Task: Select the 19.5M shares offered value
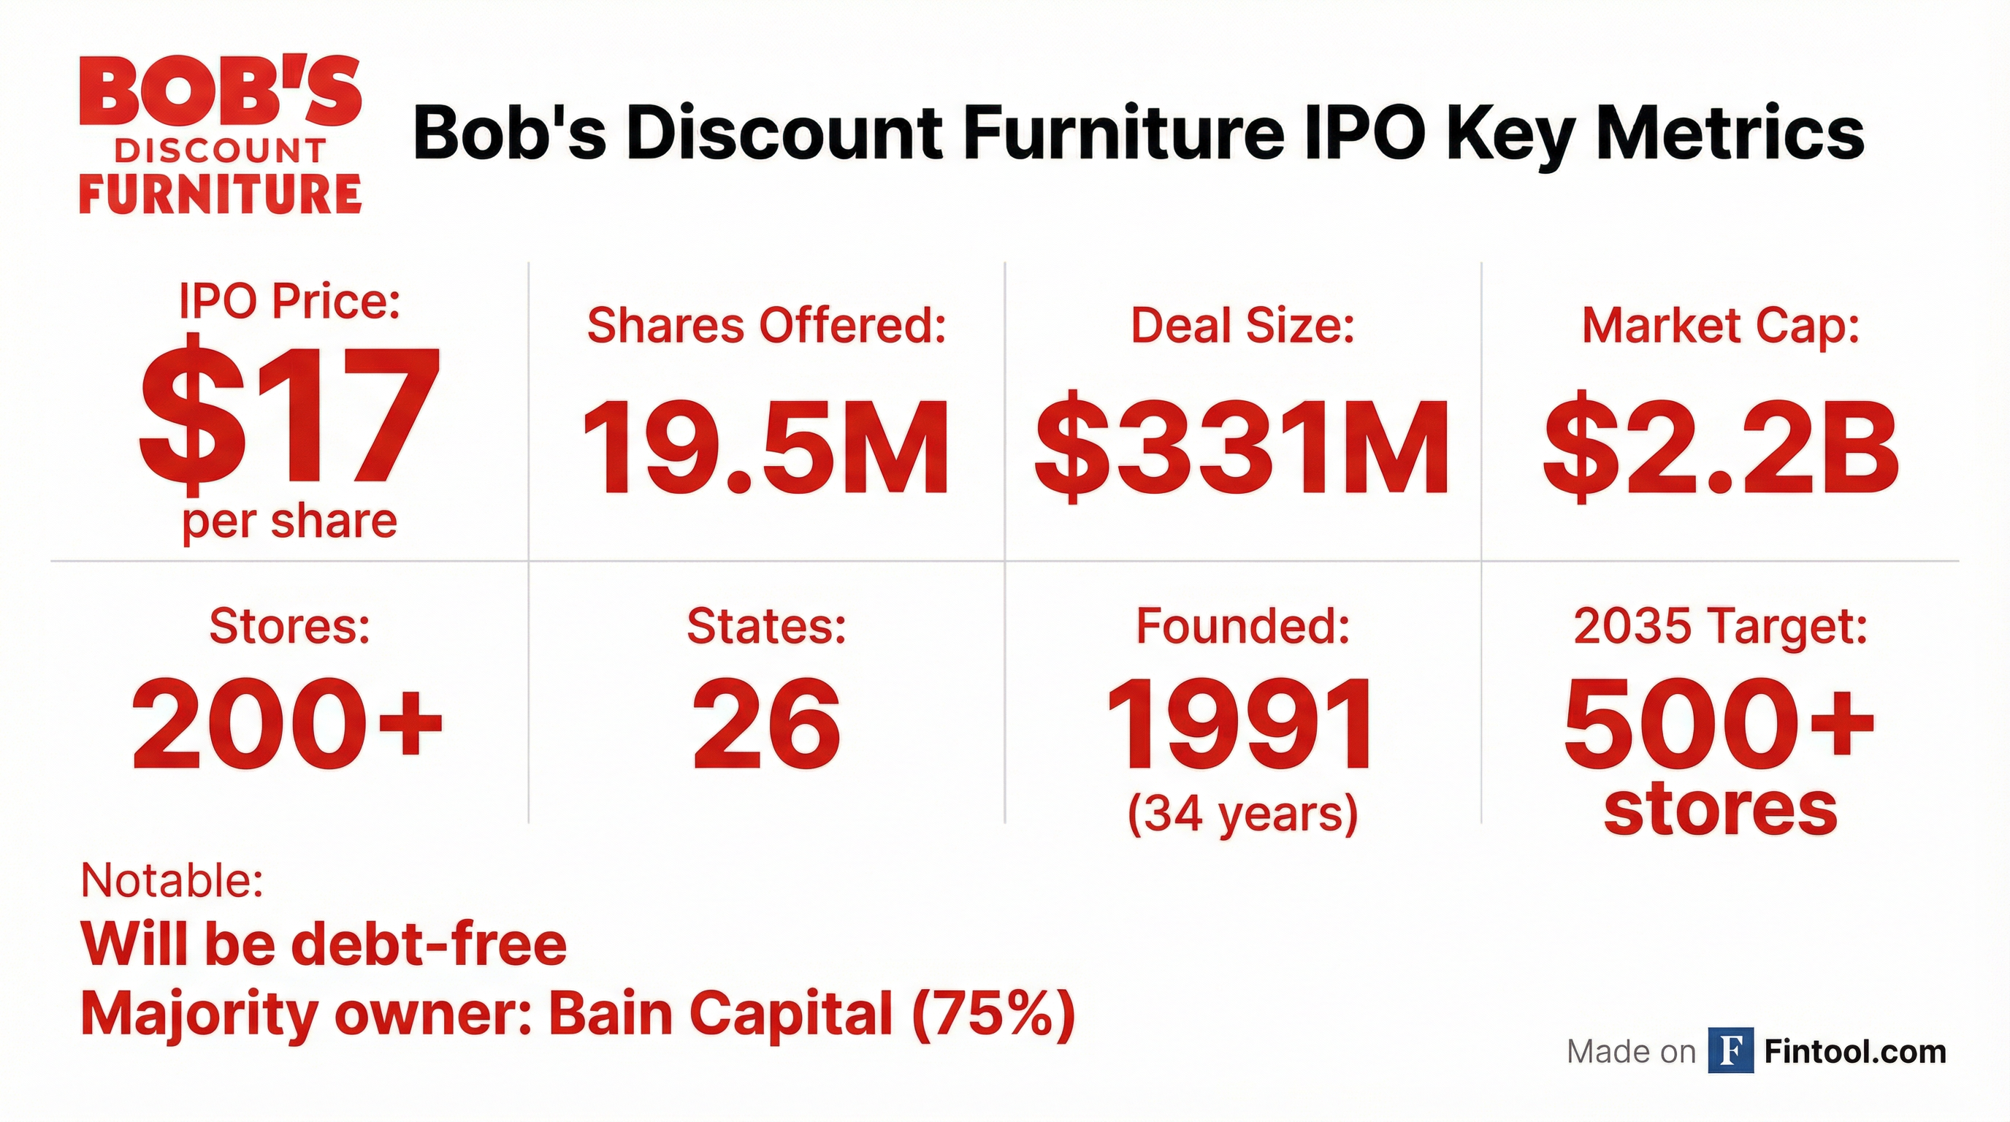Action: pos(765,448)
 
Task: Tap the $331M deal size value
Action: pos(1242,448)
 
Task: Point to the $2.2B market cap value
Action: pos(1721,448)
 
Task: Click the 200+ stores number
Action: pos(287,725)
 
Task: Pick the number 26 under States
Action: pos(766,725)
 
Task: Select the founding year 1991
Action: pos(1242,725)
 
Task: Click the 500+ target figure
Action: pos(1719,725)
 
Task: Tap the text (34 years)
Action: pos(1243,814)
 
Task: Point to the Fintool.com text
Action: pos(1855,1052)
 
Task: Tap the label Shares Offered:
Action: pos(766,325)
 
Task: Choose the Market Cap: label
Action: pos(1721,325)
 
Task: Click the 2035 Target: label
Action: pos(1721,626)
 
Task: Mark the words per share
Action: pos(289,522)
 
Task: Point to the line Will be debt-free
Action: pos(324,944)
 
